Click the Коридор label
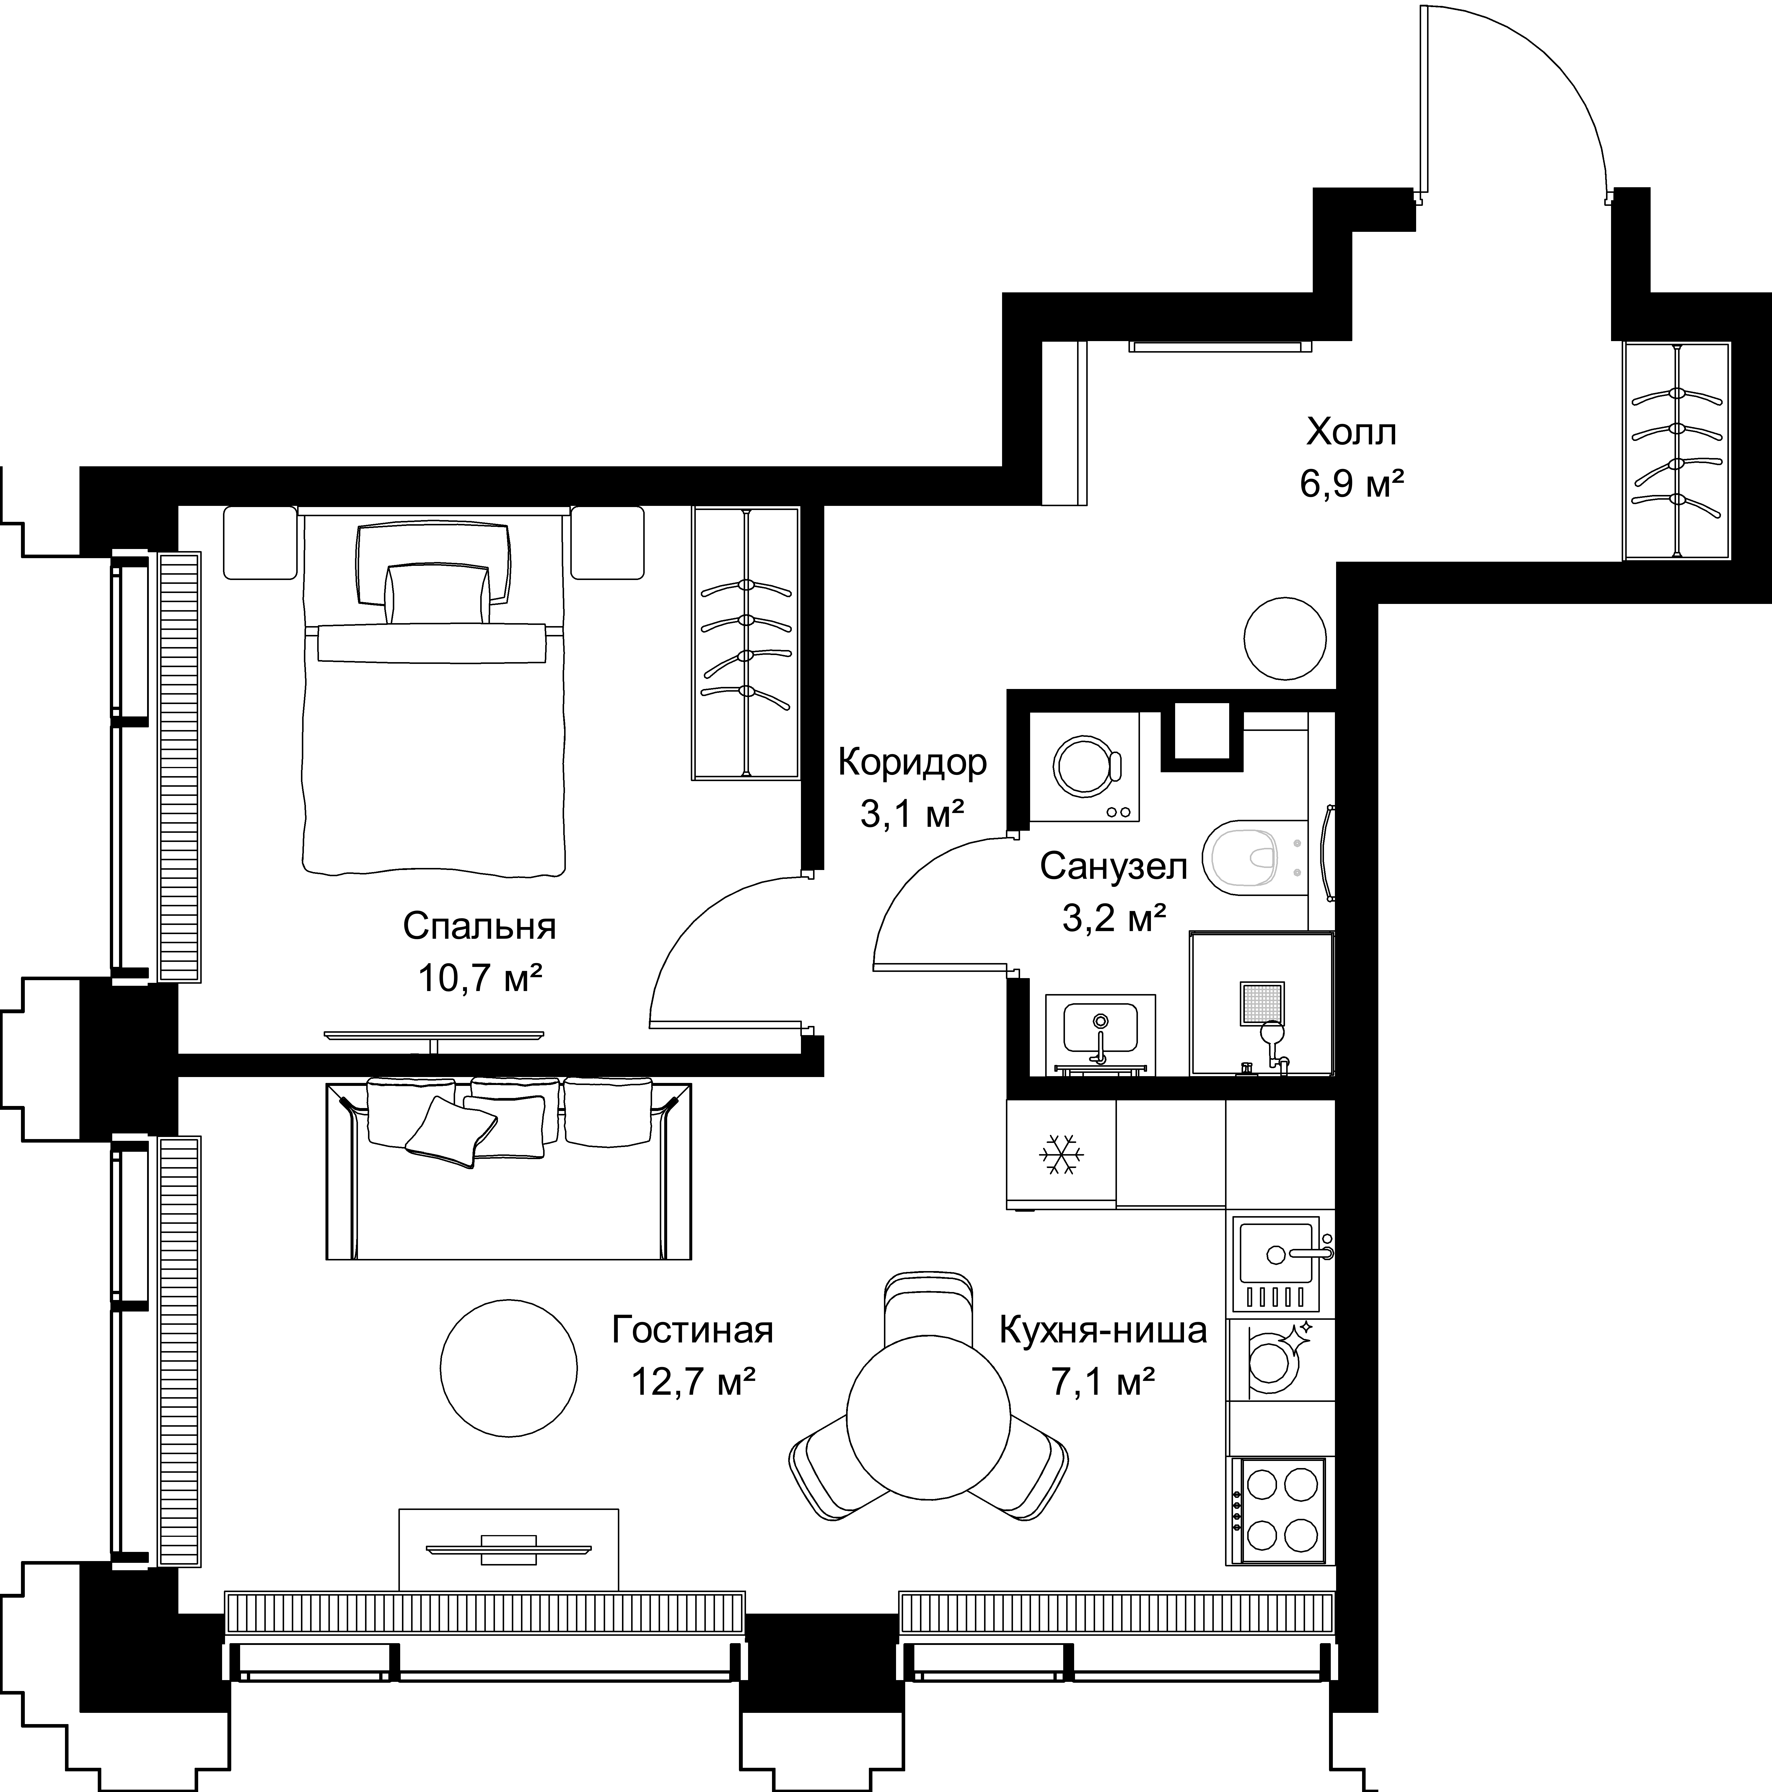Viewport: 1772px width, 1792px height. click(x=912, y=763)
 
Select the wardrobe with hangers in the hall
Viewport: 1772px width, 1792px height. click(x=1676, y=452)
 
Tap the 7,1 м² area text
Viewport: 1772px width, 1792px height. click(x=1102, y=1383)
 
